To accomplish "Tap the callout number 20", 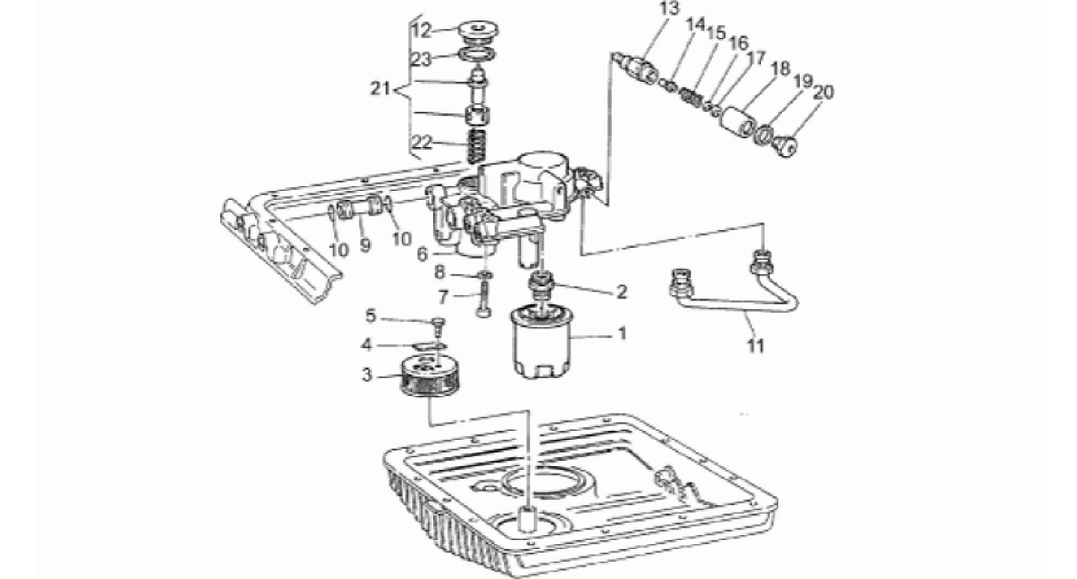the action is click(824, 93).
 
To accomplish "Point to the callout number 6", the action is click(423, 254).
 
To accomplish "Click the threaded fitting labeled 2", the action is click(541, 285).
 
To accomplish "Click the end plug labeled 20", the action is click(784, 148).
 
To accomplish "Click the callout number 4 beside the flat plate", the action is click(366, 345).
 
